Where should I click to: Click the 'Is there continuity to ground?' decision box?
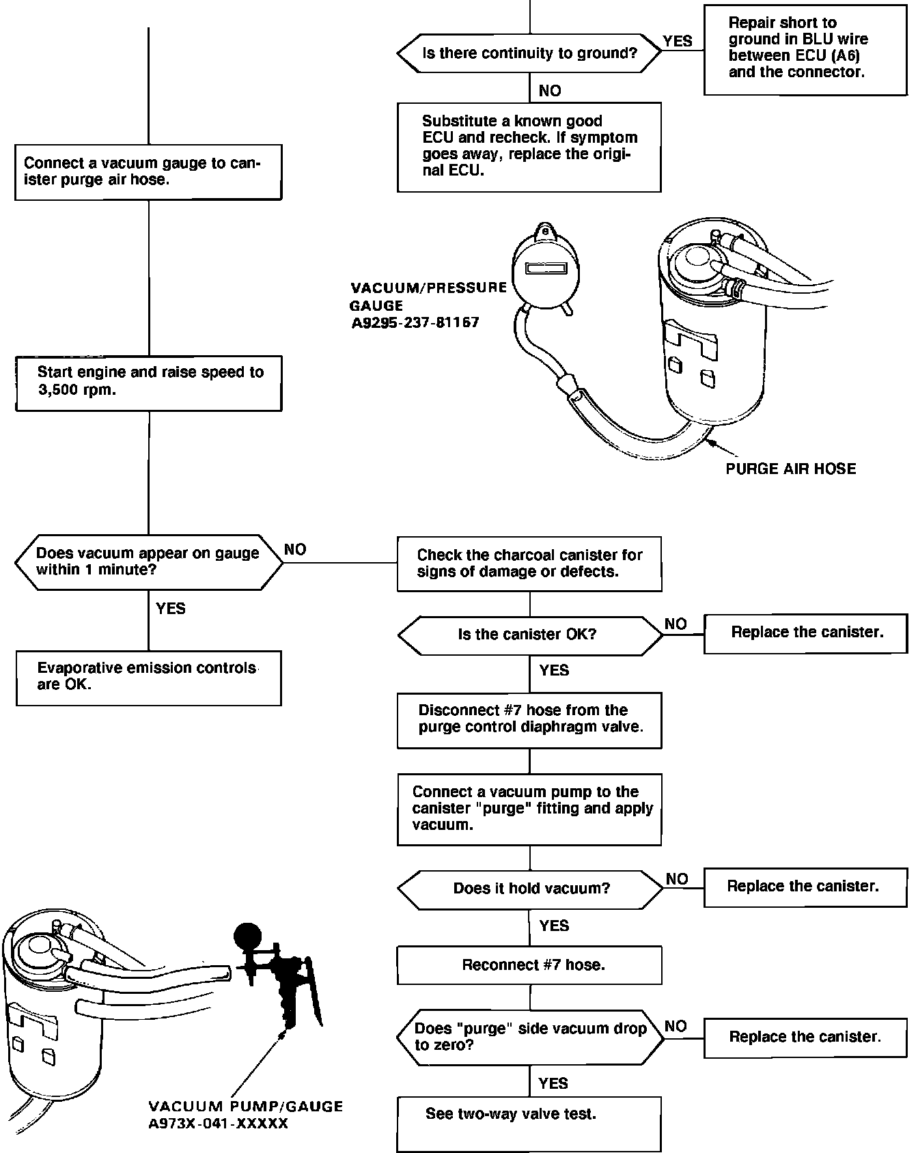click(x=529, y=53)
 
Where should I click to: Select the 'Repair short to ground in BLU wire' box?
click(x=805, y=49)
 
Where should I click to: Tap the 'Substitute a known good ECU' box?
click(x=529, y=147)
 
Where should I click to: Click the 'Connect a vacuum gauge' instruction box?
click(x=148, y=171)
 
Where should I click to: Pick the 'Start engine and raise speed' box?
click(x=148, y=383)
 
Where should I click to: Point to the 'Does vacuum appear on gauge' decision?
click(x=148, y=562)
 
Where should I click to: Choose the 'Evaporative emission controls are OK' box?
click(x=148, y=678)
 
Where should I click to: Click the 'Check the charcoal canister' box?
click(x=529, y=564)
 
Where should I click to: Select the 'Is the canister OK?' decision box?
click(x=529, y=635)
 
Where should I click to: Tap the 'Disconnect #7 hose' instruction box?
click(x=529, y=720)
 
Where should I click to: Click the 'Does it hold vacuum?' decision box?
click(x=529, y=889)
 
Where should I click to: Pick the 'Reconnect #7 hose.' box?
click(x=529, y=965)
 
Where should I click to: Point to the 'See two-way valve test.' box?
click(x=529, y=1123)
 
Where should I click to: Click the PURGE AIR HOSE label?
click(x=790, y=469)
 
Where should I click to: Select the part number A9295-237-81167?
click(x=415, y=322)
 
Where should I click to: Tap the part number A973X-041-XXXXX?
click(x=219, y=1124)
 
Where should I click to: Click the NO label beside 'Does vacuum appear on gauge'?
click(x=295, y=550)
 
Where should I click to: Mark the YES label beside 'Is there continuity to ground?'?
click(x=678, y=42)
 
